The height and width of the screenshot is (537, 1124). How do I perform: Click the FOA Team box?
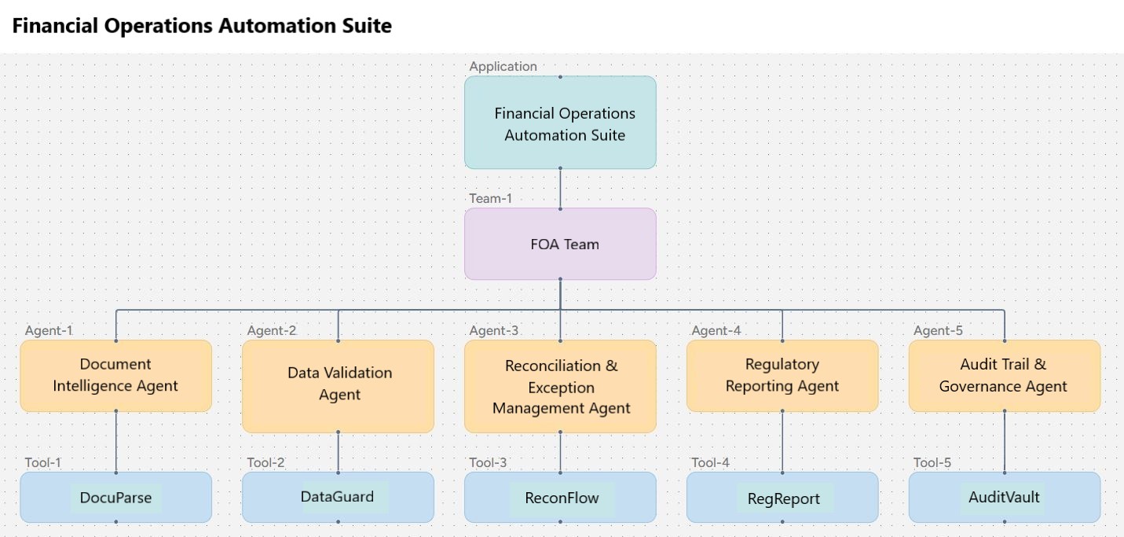(560, 244)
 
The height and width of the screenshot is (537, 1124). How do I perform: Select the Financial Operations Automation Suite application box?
(560, 123)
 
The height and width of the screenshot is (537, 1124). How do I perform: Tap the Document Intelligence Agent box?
(115, 375)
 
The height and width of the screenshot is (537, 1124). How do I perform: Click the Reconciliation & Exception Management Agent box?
(560, 386)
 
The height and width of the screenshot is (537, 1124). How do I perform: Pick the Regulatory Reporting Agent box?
(782, 375)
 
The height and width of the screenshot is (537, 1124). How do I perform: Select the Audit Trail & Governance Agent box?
(1004, 375)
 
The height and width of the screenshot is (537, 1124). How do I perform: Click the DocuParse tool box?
(115, 498)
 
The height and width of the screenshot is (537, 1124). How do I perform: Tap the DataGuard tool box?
(338, 497)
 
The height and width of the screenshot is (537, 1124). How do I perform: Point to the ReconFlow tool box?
(560, 498)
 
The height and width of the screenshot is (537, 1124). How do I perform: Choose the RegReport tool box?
(782, 498)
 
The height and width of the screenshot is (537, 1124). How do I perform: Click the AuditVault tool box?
(1004, 497)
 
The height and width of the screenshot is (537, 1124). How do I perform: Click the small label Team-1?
(490, 198)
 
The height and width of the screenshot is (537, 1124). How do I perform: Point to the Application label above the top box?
(503, 66)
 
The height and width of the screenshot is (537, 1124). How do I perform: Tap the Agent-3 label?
(493, 330)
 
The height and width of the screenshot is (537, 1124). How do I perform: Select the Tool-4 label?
(710, 462)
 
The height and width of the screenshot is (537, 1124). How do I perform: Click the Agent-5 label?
(938, 330)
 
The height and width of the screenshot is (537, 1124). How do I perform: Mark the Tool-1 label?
(42, 462)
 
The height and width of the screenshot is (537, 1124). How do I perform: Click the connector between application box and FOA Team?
(560, 189)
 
